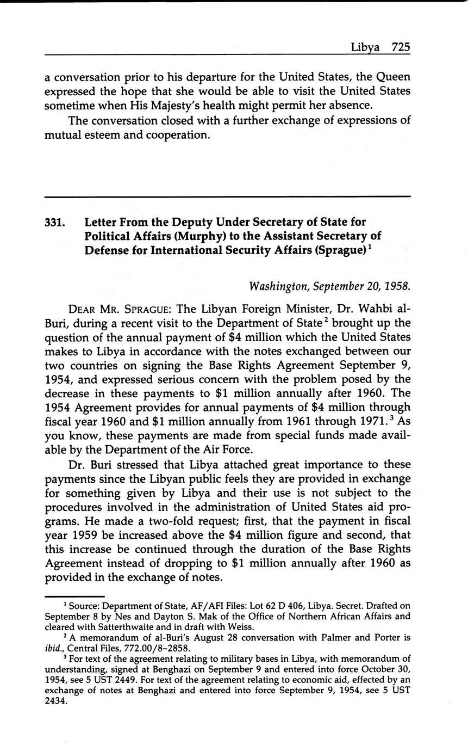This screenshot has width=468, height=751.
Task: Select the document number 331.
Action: pyautogui.click(x=55, y=222)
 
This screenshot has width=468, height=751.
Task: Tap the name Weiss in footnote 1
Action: pyautogui.click(x=237, y=626)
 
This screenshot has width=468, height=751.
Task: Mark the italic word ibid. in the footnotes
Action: pyautogui.click(x=54, y=648)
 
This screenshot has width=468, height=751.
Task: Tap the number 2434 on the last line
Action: pyautogui.click(x=55, y=700)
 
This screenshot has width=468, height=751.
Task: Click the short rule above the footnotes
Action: pyautogui.click(x=74, y=596)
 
